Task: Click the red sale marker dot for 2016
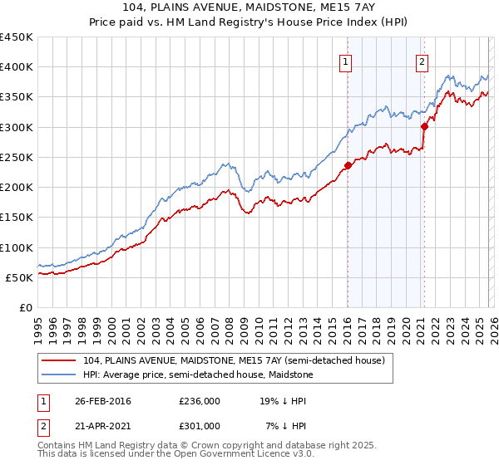coord(348,165)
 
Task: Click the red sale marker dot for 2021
coord(424,126)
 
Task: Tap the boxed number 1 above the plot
coord(344,61)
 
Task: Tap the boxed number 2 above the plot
coord(422,61)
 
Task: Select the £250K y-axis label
coord(17,157)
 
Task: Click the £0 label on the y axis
coord(25,307)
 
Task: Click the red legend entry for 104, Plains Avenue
coord(234,361)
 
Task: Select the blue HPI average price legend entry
coord(197,374)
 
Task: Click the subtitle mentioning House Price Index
coord(249,23)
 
